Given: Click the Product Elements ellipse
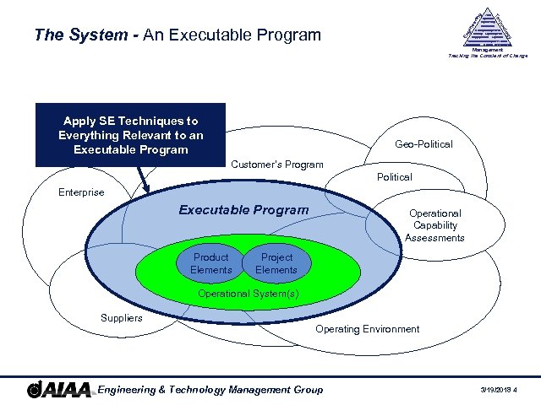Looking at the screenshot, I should tap(210, 263).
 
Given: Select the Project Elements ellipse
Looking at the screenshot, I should tap(276, 263).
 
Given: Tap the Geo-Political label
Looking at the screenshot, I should tap(424, 144).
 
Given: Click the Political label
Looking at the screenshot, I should tap(394, 177).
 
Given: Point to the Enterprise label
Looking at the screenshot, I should tap(81, 192).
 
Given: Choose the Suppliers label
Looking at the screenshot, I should tap(121, 318).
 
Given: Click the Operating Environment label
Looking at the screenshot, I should tap(367, 329).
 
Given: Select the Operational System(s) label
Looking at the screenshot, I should tap(248, 294).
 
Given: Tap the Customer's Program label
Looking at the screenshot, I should tap(276, 164).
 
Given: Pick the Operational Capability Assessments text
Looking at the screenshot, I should tap(434, 225).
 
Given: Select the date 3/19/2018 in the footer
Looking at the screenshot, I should tap(497, 390).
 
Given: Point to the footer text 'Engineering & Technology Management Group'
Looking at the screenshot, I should tap(210, 389).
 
